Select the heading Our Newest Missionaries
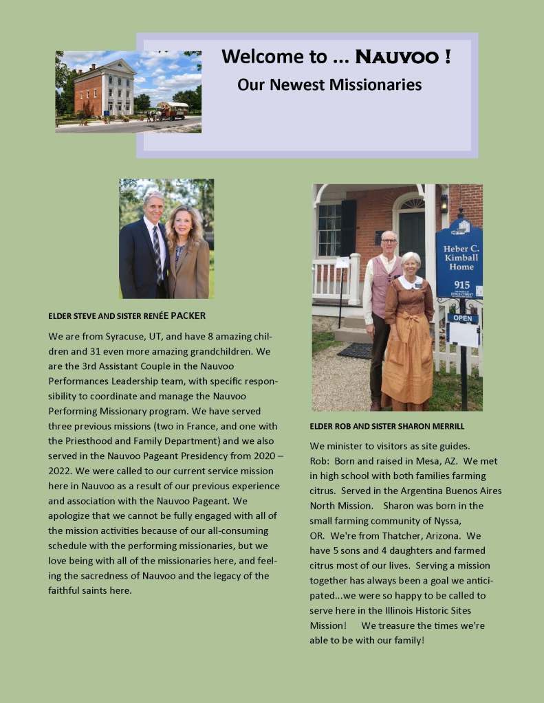[329, 85]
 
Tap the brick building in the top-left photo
[105, 87]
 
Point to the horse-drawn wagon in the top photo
[172, 109]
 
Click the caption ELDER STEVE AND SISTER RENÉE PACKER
[127, 316]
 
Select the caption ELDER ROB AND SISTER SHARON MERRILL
[386, 426]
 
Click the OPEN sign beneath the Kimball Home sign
[462, 319]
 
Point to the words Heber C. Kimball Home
[459, 257]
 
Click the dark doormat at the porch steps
[355, 350]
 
